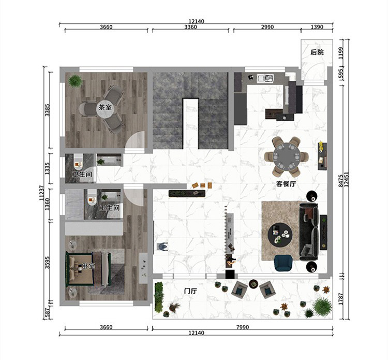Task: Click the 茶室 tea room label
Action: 105,107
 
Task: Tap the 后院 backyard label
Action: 317,52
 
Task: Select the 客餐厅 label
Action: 286,184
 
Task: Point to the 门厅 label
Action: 190,291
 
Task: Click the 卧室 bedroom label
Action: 88,266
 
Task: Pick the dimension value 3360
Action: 190,27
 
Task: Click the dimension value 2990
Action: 267,27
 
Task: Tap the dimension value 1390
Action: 317,27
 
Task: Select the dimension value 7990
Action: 243,327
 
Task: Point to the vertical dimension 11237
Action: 41,193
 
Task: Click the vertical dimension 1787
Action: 341,299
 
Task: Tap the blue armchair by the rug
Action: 283,263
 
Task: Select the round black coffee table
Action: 280,234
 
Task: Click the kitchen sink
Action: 264,78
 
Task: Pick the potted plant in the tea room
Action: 75,81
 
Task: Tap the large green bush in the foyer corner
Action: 322,307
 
